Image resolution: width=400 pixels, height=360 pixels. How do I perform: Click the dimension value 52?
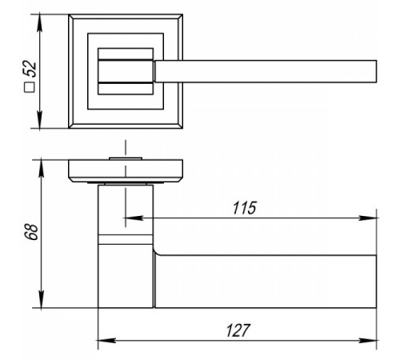coord(30,69)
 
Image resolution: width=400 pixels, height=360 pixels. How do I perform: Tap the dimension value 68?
coord(31,232)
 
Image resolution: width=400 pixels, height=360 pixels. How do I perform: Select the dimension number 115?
coord(244,208)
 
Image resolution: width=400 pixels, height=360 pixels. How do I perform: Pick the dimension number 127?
coord(238,330)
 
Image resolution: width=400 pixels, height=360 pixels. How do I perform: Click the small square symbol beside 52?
coord(30,87)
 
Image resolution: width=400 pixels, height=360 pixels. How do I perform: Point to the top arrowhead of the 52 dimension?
coord(40,22)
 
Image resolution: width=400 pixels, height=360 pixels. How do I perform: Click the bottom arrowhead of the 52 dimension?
coord(40,120)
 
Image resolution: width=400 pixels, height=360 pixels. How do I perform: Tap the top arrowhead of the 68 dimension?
coord(41,168)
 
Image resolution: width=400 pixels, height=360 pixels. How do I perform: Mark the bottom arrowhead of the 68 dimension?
coord(41,299)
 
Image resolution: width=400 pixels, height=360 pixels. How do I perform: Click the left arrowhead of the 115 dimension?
coord(134,218)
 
